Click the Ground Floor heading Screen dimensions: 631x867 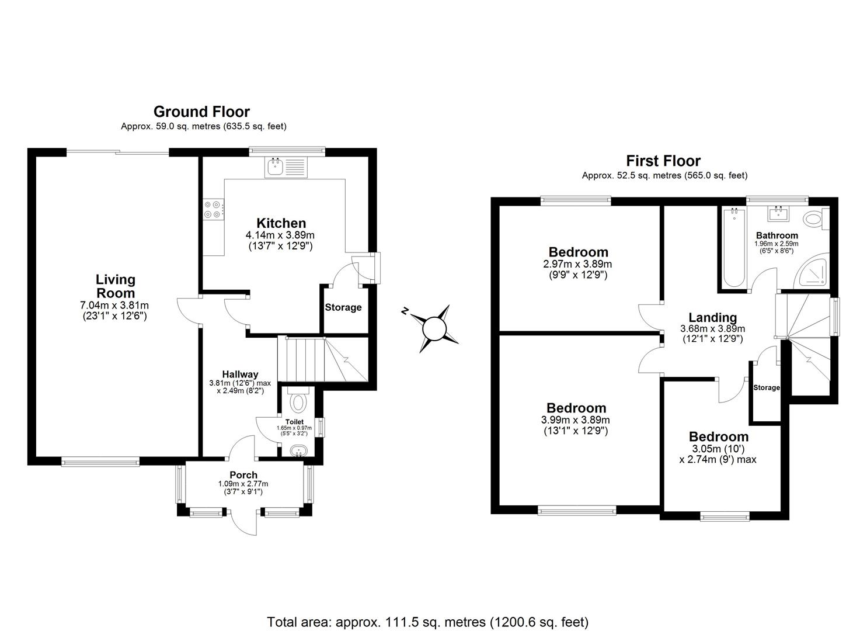(x=201, y=112)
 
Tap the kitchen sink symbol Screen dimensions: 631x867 (x=285, y=168)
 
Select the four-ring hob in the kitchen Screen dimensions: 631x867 (x=213, y=209)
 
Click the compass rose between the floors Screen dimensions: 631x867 (x=434, y=328)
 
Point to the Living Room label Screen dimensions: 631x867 (x=115, y=286)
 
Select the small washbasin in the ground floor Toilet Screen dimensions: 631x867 (x=299, y=450)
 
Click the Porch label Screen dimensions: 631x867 (x=243, y=475)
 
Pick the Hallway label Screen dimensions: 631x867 (x=240, y=375)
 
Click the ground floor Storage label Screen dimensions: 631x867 (x=343, y=307)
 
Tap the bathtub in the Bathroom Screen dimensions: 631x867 (x=733, y=248)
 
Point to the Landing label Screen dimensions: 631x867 (x=712, y=318)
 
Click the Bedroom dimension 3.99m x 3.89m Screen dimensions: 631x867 (x=575, y=420)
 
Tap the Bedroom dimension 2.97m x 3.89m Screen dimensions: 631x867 (x=578, y=264)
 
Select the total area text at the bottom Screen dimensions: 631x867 (x=427, y=622)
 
